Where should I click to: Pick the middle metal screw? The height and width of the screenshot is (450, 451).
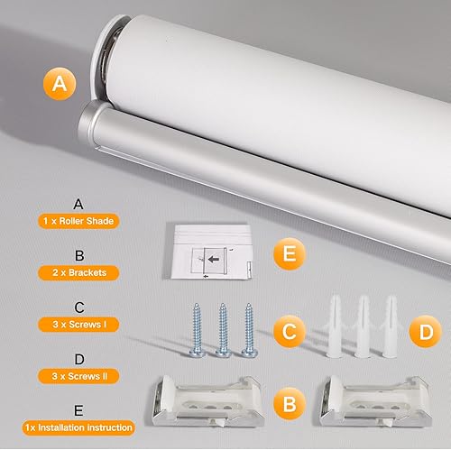(x=223, y=327)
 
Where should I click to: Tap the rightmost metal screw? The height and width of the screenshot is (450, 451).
(x=248, y=327)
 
